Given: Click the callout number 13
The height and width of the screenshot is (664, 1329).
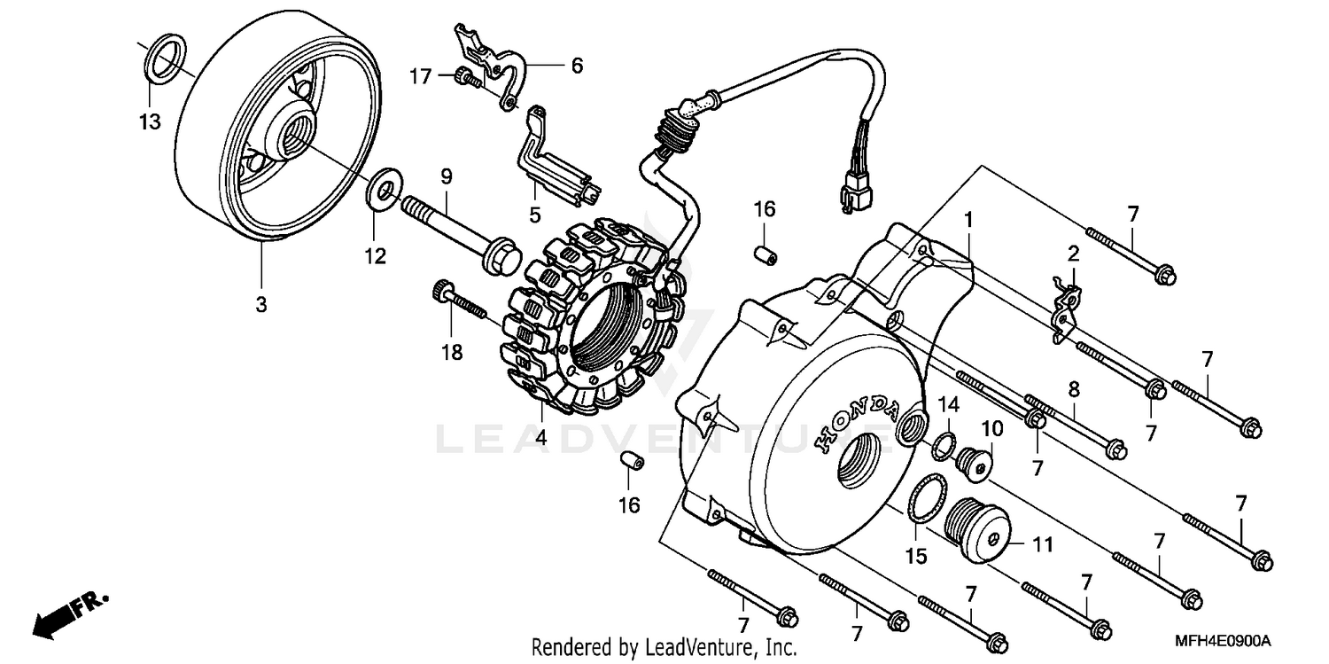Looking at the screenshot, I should pyautogui.click(x=150, y=121).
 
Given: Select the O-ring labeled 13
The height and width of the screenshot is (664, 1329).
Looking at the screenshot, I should pyautogui.click(x=166, y=59).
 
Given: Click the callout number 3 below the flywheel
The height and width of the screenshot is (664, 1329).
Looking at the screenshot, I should pyautogui.click(x=260, y=304).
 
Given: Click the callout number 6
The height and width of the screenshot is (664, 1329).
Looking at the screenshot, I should pyautogui.click(x=577, y=66).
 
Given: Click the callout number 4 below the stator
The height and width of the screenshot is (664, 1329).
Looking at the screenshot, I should pyautogui.click(x=540, y=437).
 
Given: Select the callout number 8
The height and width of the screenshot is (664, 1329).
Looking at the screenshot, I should pyautogui.click(x=1073, y=388).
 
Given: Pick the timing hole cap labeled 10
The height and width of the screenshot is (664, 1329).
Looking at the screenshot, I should pyautogui.click(x=975, y=461).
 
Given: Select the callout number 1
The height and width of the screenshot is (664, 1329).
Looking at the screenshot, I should pyautogui.click(x=968, y=217).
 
